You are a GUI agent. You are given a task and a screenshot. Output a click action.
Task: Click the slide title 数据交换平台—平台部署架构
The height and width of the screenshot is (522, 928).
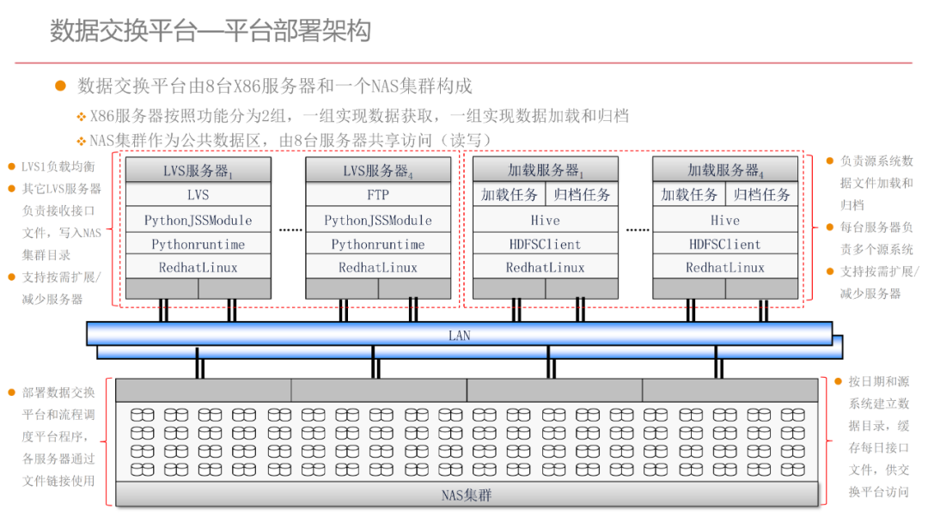click(211, 32)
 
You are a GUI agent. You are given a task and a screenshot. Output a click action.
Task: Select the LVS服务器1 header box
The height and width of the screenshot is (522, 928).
click(198, 170)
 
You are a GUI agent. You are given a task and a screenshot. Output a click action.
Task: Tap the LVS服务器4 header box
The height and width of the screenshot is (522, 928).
click(378, 170)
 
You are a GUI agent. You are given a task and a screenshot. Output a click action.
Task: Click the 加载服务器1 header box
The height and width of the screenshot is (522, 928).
click(546, 170)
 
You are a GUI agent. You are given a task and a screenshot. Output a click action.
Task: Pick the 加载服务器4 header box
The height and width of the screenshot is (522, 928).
click(725, 170)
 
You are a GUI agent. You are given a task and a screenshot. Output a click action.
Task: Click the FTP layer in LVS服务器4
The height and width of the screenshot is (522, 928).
click(378, 195)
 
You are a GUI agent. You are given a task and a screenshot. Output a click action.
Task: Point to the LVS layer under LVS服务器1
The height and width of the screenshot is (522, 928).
click(198, 195)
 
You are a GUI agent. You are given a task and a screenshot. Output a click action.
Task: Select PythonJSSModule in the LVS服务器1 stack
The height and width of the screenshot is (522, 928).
click(198, 220)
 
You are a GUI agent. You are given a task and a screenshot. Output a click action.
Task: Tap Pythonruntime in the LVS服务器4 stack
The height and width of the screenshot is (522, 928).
click(378, 244)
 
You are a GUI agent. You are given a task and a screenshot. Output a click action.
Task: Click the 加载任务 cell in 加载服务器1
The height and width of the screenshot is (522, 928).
click(510, 195)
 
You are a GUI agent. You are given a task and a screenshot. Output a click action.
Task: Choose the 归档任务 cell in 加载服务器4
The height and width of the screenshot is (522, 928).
click(762, 195)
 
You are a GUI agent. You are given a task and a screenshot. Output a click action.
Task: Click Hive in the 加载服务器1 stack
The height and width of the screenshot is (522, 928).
click(546, 220)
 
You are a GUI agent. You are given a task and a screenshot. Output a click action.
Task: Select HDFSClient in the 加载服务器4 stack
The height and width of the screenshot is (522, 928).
click(725, 244)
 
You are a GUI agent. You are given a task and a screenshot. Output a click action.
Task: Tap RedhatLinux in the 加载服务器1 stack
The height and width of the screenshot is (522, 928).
click(546, 268)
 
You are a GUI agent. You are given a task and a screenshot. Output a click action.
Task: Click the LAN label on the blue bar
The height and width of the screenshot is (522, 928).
click(460, 335)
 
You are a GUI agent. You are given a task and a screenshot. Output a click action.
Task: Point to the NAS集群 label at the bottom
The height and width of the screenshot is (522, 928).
click(467, 495)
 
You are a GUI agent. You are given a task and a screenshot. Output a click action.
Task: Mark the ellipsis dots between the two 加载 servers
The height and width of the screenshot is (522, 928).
click(637, 231)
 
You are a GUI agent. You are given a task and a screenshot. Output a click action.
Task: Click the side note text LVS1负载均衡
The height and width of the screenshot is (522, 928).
click(58, 167)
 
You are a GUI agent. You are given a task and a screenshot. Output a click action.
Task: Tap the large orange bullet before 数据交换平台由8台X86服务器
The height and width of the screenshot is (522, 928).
click(60, 86)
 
